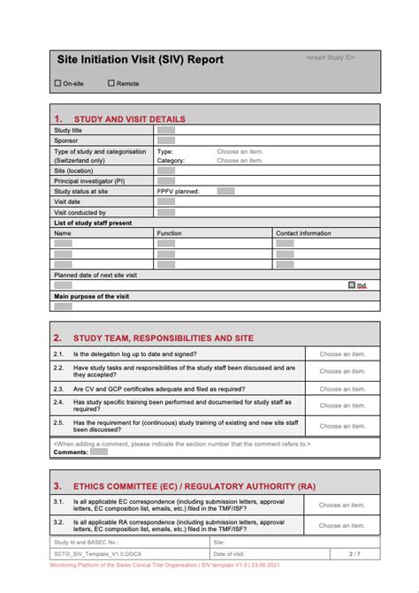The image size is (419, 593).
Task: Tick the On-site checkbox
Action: pyautogui.click(x=58, y=83)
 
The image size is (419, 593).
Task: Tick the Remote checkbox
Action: pyautogui.click(x=111, y=83)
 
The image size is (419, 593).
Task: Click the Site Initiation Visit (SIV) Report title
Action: pyautogui.click(x=141, y=60)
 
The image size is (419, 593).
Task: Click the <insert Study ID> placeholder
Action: pyautogui.click(x=331, y=57)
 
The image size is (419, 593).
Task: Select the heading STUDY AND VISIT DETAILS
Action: pyautogui.click(x=129, y=118)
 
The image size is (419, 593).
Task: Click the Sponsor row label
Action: pyautogui.click(x=66, y=141)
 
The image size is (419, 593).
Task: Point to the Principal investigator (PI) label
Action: pyautogui.click(x=89, y=180)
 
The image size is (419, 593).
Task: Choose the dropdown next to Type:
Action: pyautogui.click(x=240, y=151)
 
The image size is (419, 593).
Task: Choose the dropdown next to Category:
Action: pyautogui.click(x=240, y=161)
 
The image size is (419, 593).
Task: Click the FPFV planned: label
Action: pyautogui.click(x=178, y=191)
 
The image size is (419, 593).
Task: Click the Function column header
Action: pyautogui.click(x=169, y=233)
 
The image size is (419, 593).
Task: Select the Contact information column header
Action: pyautogui.click(x=303, y=233)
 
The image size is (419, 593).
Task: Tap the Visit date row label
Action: pyautogui.click(x=68, y=201)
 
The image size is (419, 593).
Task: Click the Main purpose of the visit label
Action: pyautogui.click(x=91, y=297)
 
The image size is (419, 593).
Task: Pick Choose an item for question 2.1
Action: pyautogui.click(x=341, y=354)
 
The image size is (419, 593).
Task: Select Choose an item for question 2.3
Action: pyautogui.click(x=341, y=389)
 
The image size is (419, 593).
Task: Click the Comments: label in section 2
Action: pyautogui.click(x=71, y=452)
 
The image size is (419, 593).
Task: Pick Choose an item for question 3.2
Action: pyautogui.click(x=341, y=526)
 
